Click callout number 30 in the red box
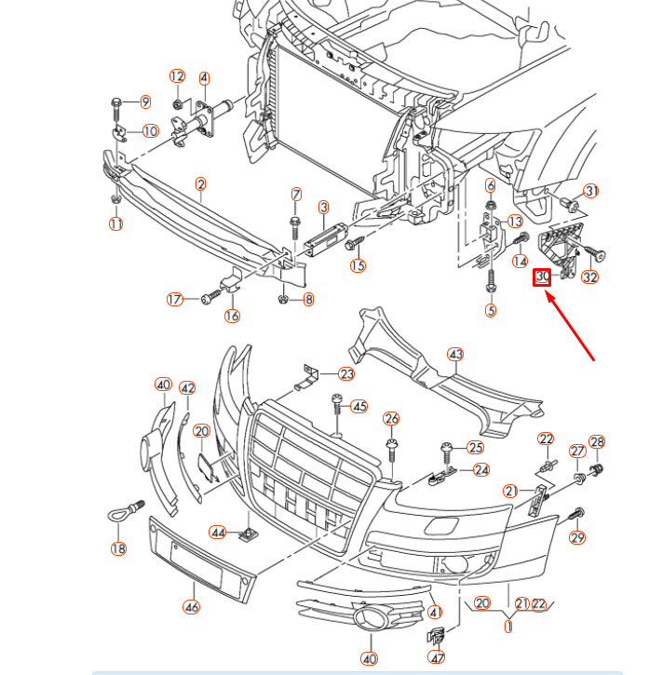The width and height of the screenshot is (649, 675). (543, 277)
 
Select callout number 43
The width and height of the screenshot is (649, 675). (455, 355)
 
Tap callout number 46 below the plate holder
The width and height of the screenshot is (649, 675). (191, 607)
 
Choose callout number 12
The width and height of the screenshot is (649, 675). (177, 75)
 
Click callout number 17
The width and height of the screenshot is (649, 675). (175, 300)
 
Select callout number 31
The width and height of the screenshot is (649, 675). (592, 191)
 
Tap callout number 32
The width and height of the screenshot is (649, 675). (589, 277)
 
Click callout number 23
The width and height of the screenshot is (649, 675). (346, 374)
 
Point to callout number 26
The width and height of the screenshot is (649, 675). (391, 419)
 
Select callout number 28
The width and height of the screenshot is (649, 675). (597, 442)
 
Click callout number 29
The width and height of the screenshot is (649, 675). (576, 537)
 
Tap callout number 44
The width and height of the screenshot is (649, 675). (218, 533)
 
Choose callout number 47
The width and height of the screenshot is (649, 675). (436, 658)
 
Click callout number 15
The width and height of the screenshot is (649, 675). (358, 266)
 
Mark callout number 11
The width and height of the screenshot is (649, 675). (115, 224)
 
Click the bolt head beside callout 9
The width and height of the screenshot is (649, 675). (116, 101)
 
